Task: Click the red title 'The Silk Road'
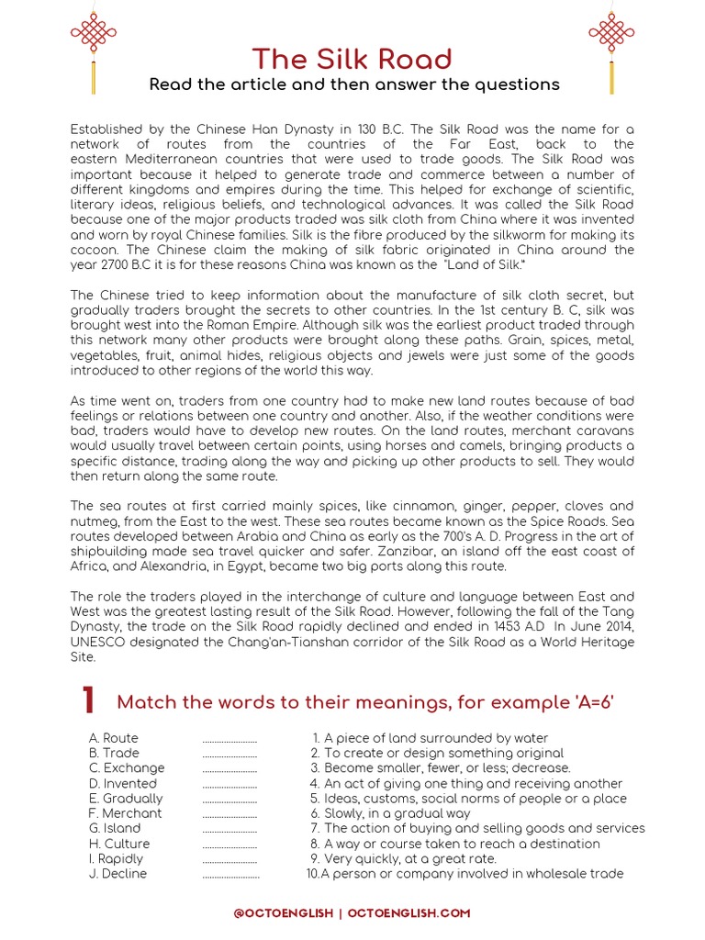352,59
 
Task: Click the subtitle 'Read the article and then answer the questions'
353,84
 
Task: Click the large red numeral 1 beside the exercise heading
87,701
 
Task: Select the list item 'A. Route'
114,738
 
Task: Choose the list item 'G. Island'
115,828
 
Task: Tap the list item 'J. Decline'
117,873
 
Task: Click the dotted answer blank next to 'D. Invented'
229,785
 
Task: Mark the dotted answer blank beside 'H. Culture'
229,845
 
